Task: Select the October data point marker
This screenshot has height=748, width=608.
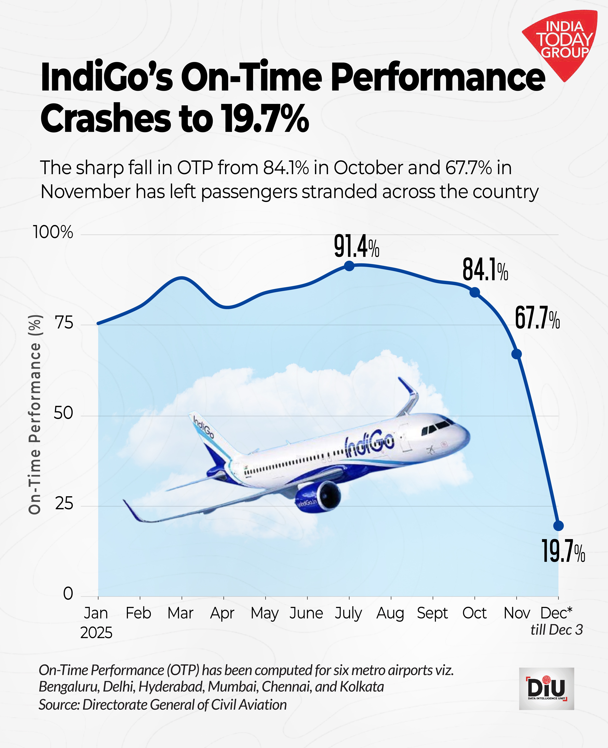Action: (x=475, y=292)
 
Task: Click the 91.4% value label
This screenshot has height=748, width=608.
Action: (x=356, y=247)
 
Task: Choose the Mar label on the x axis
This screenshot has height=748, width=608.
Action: (x=180, y=613)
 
